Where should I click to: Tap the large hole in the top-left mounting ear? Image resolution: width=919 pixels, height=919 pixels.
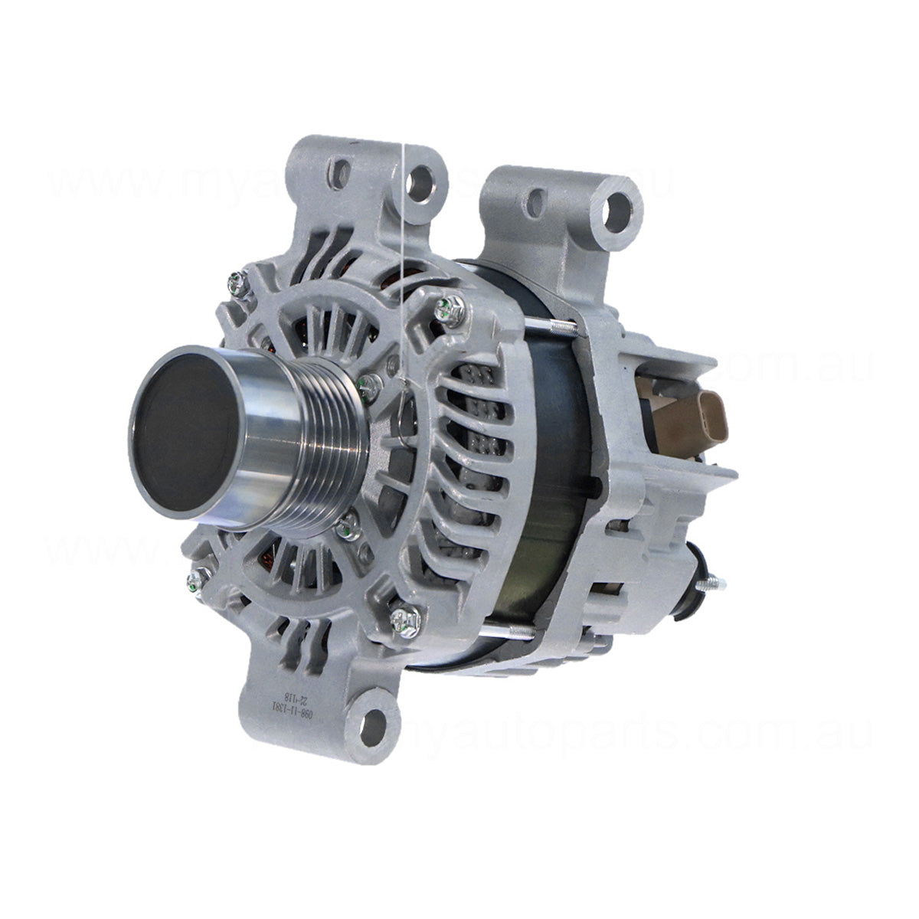(419, 182)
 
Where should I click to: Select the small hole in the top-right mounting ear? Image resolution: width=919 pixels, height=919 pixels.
(536, 202)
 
